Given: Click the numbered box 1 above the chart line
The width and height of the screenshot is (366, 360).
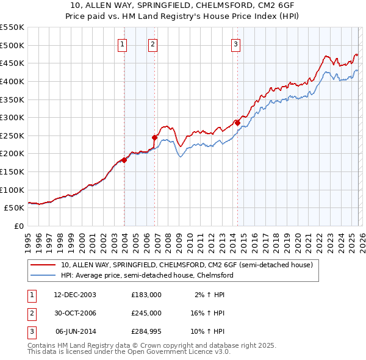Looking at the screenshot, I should (123, 43).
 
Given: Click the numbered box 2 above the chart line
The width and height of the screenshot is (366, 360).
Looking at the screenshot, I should (152, 43).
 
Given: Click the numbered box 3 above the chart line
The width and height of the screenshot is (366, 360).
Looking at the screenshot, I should (235, 43).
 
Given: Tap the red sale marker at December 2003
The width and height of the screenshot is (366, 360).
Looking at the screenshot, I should (124, 160).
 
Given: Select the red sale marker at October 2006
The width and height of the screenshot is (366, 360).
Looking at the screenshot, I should (155, 137).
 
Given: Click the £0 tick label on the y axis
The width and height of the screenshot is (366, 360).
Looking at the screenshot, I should (18, 226).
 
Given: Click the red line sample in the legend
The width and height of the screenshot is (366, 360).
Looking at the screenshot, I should (44, 265).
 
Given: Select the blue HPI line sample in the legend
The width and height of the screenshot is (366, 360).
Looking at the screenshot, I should (44, 275).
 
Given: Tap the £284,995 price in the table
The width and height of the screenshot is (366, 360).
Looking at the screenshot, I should (146, 331).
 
